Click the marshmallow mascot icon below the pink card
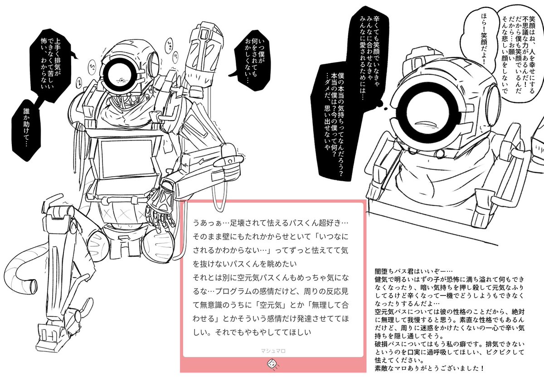point(273,364)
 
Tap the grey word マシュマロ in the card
point(273,351)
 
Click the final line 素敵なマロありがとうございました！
point(429,368)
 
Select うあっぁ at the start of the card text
point(207,222)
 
